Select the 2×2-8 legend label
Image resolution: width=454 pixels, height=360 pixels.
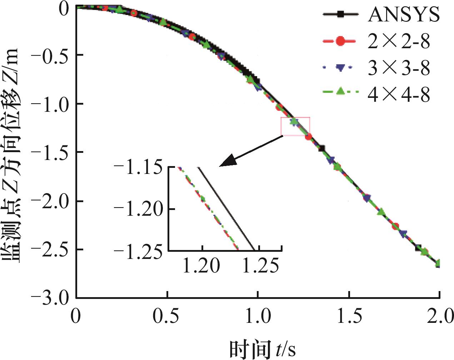399,42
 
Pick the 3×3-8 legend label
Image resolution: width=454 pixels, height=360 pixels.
399,67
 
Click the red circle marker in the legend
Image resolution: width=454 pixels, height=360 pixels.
340,41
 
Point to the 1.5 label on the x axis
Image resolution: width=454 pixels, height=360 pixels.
349,316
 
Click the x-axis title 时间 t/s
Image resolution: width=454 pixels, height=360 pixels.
263,349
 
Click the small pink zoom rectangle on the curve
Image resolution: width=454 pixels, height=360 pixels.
295,126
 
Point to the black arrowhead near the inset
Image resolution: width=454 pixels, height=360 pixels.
226,161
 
